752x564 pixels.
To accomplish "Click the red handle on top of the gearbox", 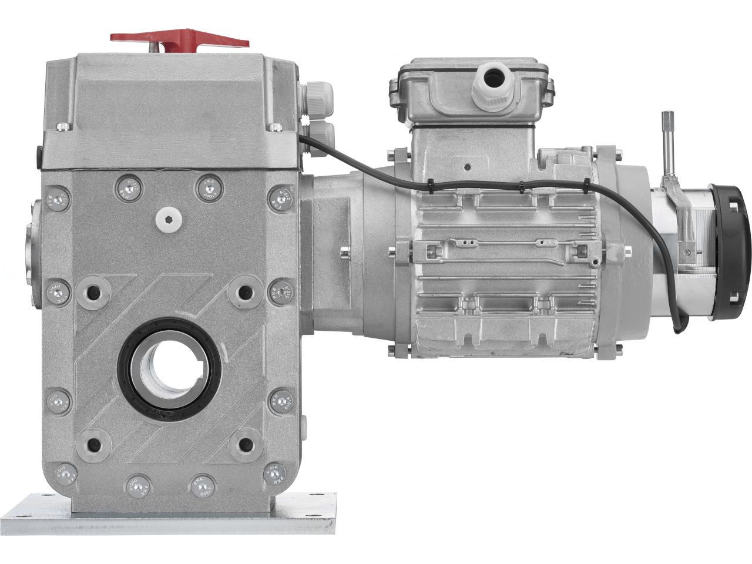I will coord(179,38).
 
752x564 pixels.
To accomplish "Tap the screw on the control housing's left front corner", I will coord(62,126).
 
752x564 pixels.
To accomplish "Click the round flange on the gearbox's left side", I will coord(33,247).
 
